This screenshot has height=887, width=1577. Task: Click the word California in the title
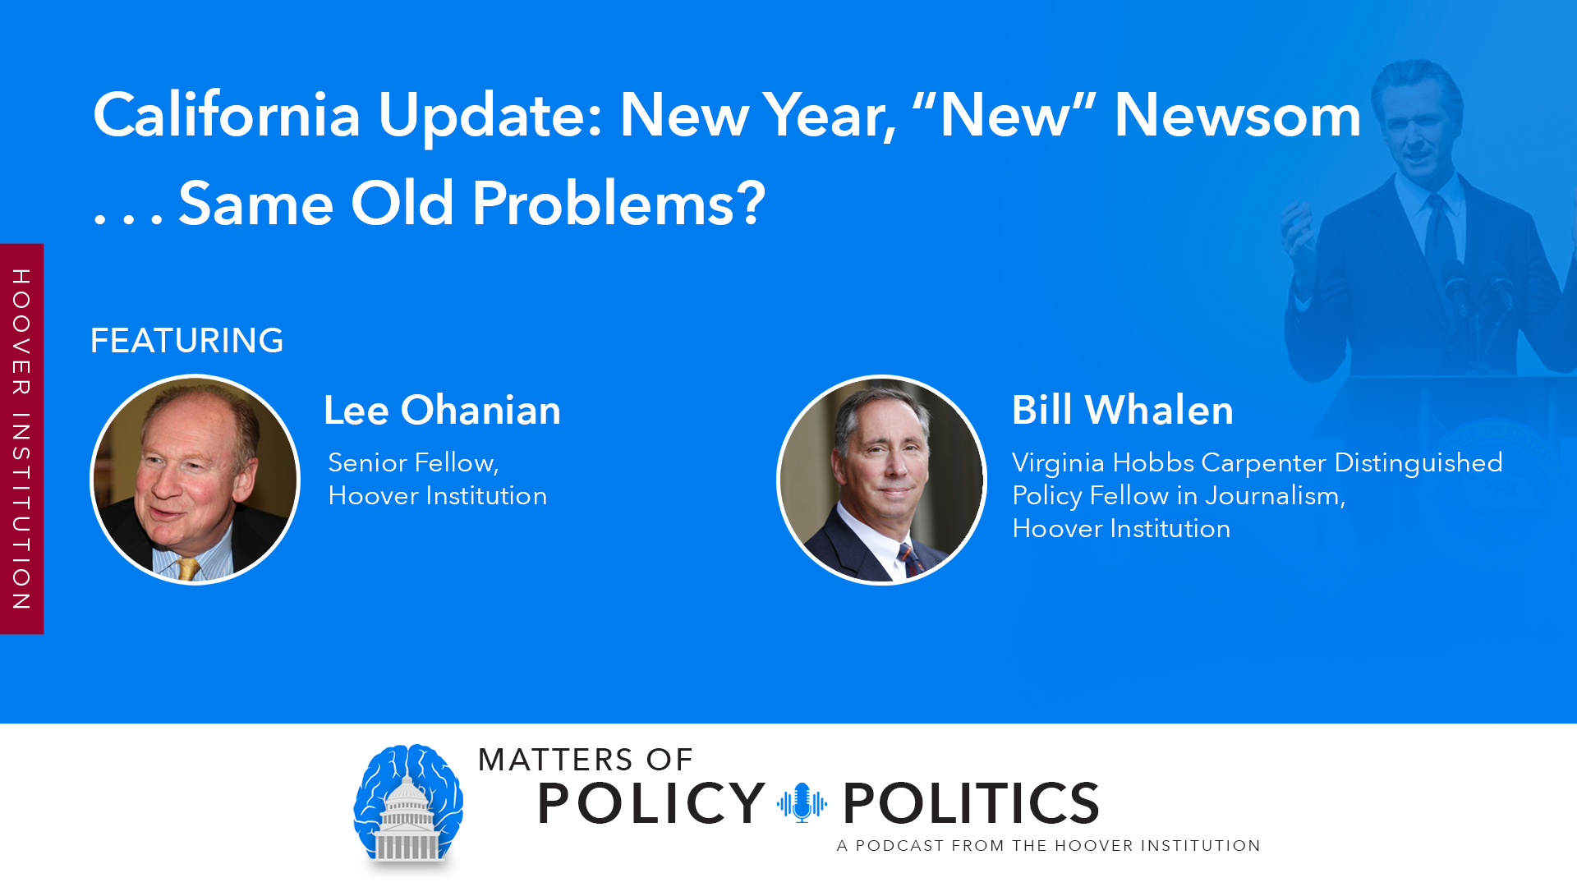(x=227, y=115)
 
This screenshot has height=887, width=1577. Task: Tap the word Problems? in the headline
(x=618, y=204)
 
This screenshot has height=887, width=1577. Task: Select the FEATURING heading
(x=186, y=340)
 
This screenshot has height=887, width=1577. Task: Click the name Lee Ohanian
(x=442, y=410)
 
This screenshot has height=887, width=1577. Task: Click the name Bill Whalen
(x=1122, y=410)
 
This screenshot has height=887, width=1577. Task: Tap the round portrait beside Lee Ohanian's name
(x=195, y=480)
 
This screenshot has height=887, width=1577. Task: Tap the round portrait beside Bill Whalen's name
(x=881, y=480)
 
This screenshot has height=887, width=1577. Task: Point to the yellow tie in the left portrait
(x=189, y=568)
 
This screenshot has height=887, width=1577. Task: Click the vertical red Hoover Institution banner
(x=21, y=439)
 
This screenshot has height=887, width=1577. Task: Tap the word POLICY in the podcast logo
(x=651, y=803)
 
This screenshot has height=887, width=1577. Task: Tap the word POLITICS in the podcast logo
(x=971, y=803)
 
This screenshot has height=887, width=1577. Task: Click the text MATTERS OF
(x=586, y=760)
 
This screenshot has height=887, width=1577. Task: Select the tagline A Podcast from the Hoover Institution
(x=1048, y=846)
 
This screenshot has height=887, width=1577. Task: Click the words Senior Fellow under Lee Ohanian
(x=413, y=462)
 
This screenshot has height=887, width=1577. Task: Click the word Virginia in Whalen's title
(x=1058, y=462)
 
